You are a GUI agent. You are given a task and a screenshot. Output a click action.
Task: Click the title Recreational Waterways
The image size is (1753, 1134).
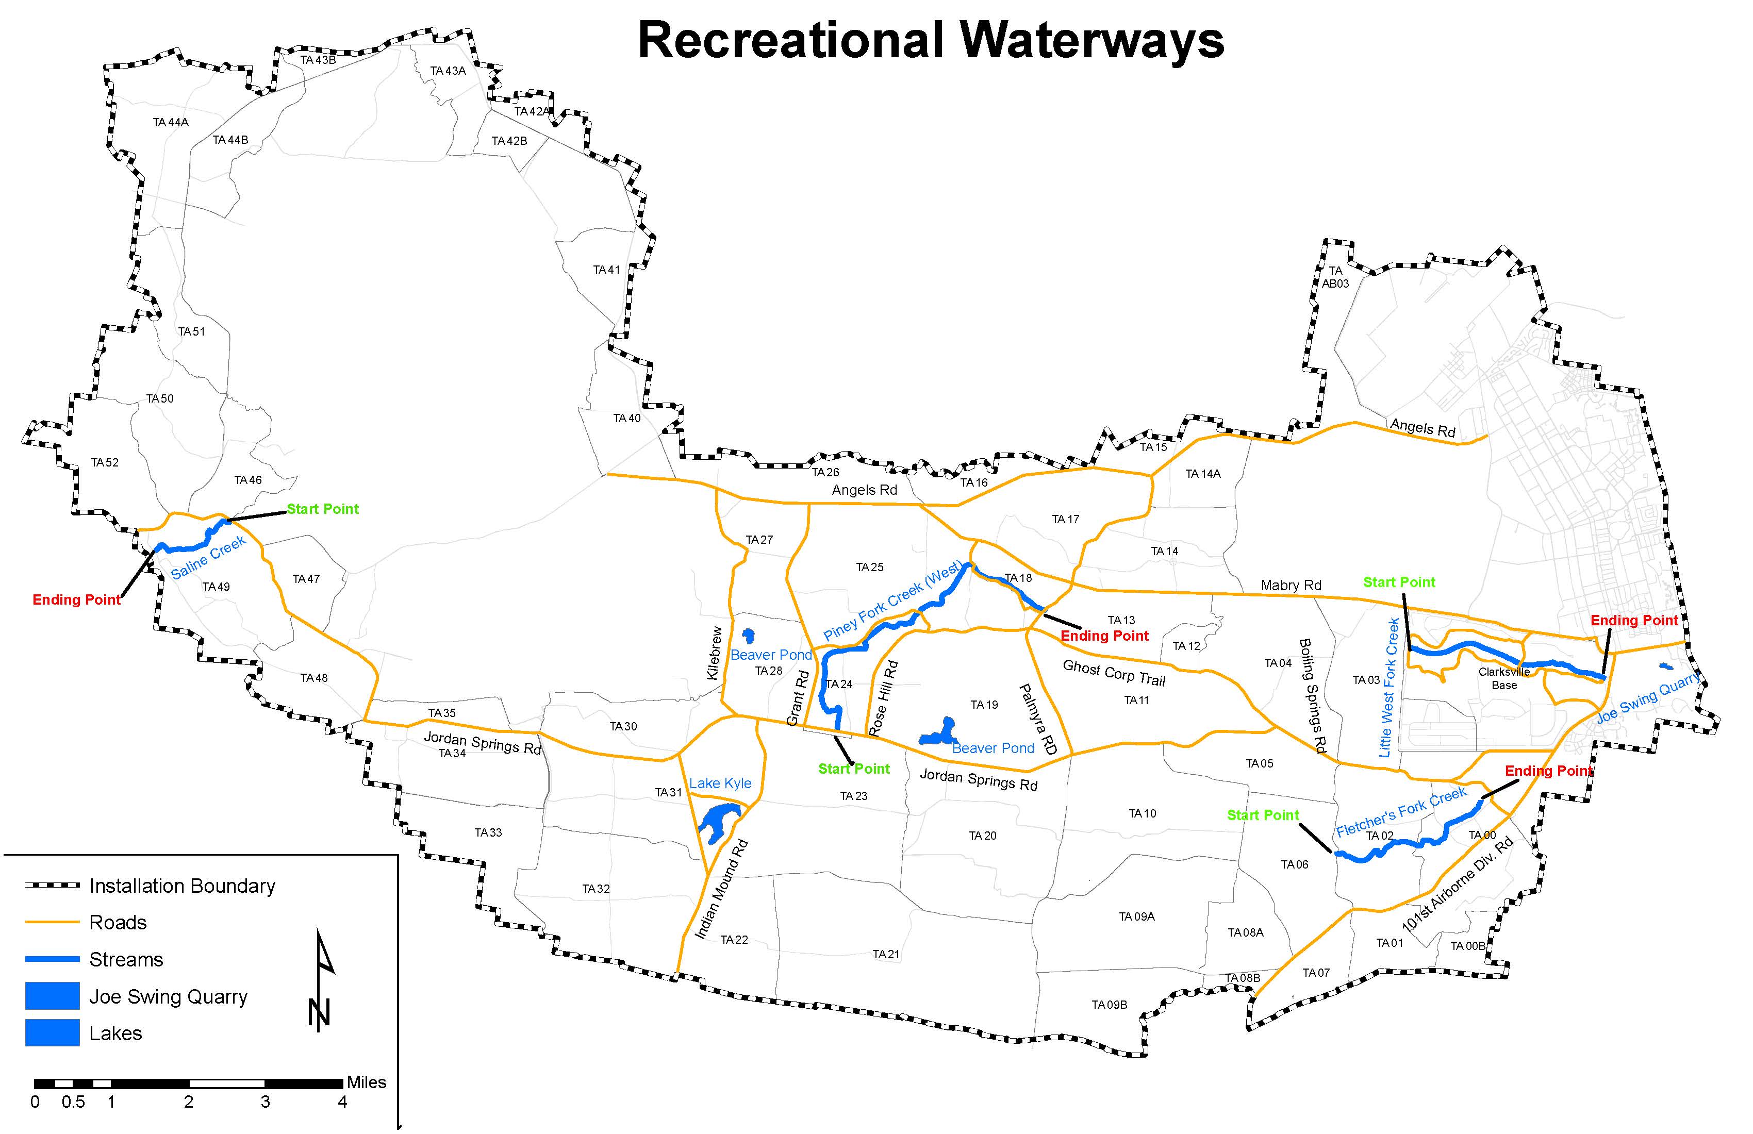(930, 41)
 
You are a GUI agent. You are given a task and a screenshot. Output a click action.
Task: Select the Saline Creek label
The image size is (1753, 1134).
(208, 559)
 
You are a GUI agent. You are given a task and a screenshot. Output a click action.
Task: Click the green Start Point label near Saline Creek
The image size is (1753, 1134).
(323, 509)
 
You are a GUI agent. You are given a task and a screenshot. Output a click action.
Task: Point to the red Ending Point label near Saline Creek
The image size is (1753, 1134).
(77, 600)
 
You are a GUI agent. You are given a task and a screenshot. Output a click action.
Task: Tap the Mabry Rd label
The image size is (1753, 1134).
(1291, 586)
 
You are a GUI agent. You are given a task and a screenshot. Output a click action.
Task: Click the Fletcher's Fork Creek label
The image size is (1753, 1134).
(1401, 812)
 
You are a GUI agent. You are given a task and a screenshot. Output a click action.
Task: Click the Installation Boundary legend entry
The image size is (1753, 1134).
(182, 886)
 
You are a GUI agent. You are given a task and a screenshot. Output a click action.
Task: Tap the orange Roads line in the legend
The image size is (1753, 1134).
(52, 922)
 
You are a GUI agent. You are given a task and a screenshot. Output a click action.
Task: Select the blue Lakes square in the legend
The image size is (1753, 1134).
(52, 1032)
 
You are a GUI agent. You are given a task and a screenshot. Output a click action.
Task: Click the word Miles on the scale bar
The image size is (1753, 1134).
(366, 1082)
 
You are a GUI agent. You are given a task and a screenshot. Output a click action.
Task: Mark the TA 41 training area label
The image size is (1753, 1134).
(606, 270)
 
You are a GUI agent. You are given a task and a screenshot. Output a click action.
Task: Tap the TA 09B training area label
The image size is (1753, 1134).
(1109, 1005)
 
